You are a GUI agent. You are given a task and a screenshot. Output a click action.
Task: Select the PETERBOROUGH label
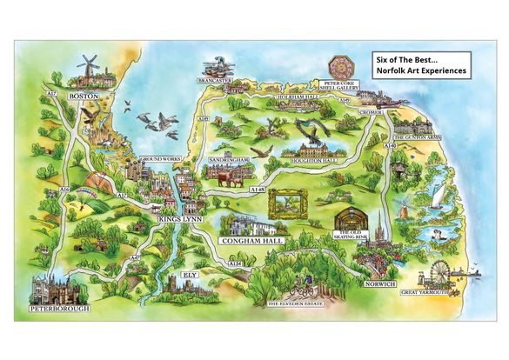click(x=58, y=309)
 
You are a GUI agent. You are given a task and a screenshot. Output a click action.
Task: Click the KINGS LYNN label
click(x=181, y=220)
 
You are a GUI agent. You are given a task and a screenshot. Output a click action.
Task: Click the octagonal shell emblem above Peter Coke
click(x=340, y=67)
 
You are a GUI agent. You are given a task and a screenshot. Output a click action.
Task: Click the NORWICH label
click(x=381, y=283)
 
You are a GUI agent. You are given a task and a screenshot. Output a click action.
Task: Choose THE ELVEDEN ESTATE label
click(x=295, y=303)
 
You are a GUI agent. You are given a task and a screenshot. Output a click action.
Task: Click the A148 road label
click(x=257, y=188)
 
